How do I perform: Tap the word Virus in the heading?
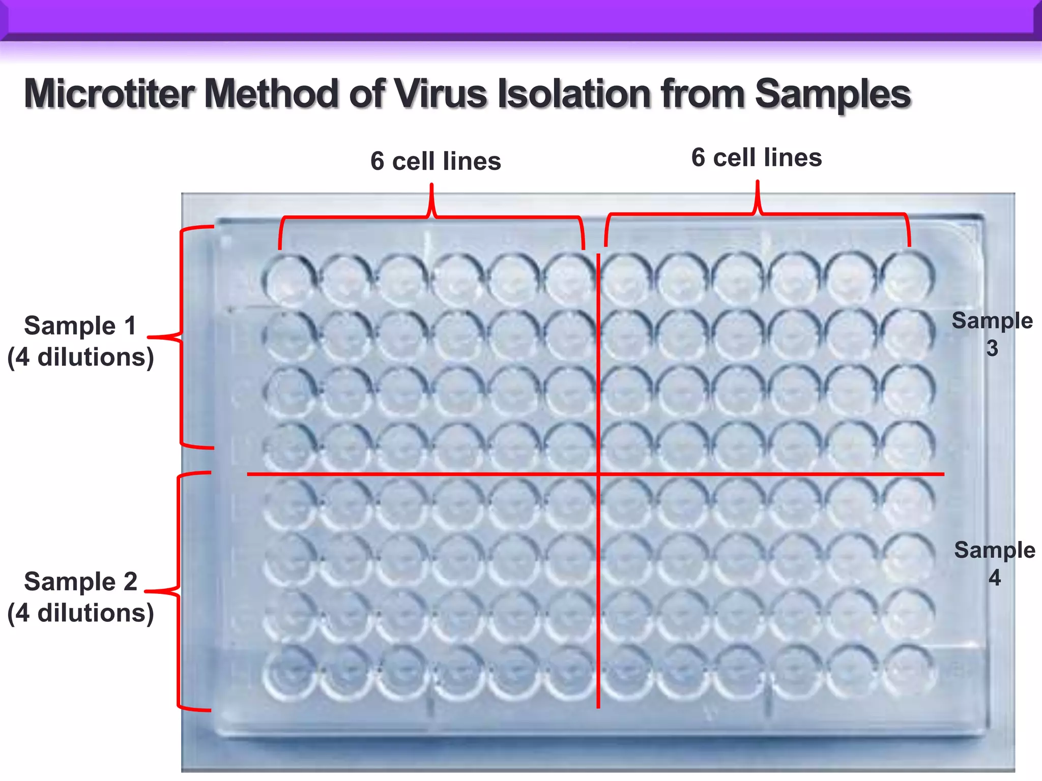click(x=441, y=94)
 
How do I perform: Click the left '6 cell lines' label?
click(x=436, y=161)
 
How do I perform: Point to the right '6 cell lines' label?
click(x=757, y=158)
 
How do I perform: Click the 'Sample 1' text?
click(x=80, y=325)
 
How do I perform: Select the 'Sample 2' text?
click(x=80, y=581)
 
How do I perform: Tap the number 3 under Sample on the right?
click(x=992, y=349)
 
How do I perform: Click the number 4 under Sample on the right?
click(x=994, y=578)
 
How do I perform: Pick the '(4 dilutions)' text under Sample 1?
click(x=80, y=357)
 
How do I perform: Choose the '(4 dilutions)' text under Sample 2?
click(x=80, y=613)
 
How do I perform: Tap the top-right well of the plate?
click(x=908, y=278)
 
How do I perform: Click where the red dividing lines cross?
click(x=598, y=474)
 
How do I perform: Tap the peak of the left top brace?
click(x=432, y=185)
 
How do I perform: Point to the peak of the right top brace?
click(x=757, y=182)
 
